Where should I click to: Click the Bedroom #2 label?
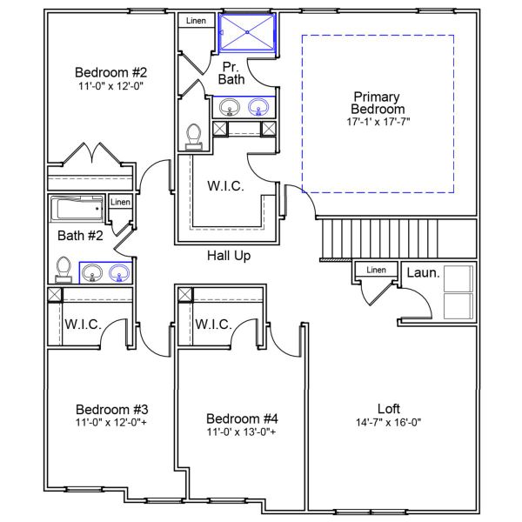point(110,72)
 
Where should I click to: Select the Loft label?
point(388,408)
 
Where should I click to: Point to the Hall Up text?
point(229,256)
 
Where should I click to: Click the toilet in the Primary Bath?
point(194,136)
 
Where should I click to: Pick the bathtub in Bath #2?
point(77,209)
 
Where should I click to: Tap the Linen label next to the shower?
point(196,19)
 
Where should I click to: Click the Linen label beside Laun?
point(376,271)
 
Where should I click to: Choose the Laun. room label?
point(424,273)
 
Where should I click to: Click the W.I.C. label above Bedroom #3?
point(83,325)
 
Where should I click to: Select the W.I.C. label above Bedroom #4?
point(213,325)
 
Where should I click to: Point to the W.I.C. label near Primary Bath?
point(224,186)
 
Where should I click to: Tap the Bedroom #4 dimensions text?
point(241,432)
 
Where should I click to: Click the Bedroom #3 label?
point(111,409)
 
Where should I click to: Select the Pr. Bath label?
point(231,72)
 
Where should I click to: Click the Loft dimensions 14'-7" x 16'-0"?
point(388,423)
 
